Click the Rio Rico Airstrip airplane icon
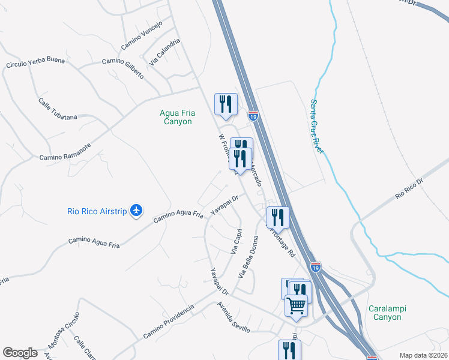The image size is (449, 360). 137,211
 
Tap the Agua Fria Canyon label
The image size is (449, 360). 176,116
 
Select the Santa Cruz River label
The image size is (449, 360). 316,126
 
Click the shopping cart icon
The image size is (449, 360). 296,305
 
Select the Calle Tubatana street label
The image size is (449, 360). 58,109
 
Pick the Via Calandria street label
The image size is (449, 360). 164,52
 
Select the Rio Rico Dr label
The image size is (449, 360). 409,188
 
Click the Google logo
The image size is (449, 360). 20,352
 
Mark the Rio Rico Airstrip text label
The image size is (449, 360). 96,211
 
